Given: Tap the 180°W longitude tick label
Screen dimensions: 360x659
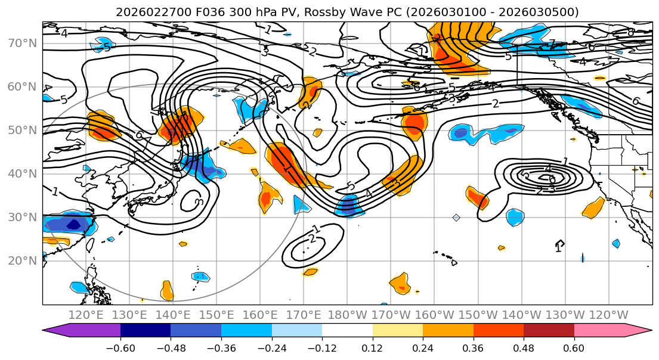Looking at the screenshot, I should coord(348,315).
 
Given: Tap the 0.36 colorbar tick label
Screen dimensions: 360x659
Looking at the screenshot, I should coord(473,347).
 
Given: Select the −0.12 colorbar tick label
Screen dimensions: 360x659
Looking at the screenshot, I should coord(321,347).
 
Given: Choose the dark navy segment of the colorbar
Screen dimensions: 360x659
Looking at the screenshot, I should coord(145,330).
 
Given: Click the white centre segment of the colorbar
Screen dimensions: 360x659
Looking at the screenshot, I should coord(347,330).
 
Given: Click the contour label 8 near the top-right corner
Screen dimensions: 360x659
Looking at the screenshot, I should coord(630,32).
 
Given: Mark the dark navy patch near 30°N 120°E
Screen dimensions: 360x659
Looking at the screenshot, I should coord(73,225).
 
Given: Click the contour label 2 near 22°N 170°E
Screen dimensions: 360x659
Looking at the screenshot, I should coord(311,239).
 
